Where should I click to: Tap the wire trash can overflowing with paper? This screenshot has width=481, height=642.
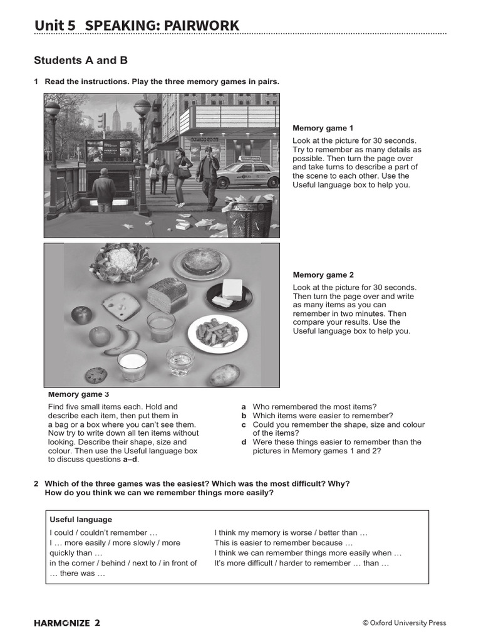click(x=249, y=217)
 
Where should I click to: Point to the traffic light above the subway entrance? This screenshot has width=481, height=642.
click(x=101, y=122)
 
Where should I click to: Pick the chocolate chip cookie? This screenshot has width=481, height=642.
click(x=96, y=375)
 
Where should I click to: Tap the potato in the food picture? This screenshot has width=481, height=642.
click(x=225, y=374)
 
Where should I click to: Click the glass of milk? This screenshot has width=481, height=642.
click(x=132, y=365)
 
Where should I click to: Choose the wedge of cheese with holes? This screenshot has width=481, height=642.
click(x=122, y=305)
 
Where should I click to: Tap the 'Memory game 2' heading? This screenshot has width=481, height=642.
click(x=323, y=275)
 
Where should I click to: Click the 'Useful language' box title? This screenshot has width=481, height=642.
click(x=81, y=520)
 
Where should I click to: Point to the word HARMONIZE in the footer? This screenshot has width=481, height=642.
click(x=61, y=623)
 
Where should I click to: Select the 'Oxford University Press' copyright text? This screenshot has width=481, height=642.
click(x=408, y=623)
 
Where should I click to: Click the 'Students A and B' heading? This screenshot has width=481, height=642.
click(x=81, y=61)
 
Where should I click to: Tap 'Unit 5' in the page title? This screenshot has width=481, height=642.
click(x=55, y=26)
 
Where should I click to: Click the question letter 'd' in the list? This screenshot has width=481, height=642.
click(x=244, y=442)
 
